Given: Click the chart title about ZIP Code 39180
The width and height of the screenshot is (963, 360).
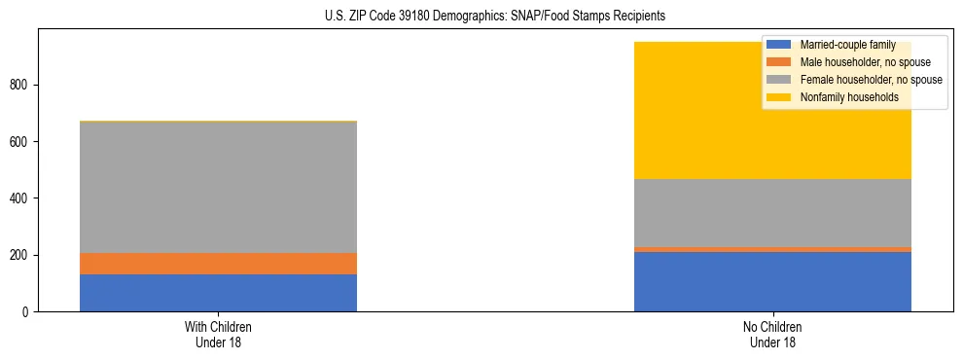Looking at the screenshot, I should pyautogui.click(x=495, y=17).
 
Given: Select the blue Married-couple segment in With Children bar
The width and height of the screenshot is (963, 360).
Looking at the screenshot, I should pyautogui.click(x=218, y=293).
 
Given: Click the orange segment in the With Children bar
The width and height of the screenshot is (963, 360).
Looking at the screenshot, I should pyautogui.click(x=218, y=264).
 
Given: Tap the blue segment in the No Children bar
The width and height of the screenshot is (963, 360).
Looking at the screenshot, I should pyautogui.click(x=772, y=281).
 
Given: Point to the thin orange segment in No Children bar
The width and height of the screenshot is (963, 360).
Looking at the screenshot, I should pyautogui.click(x=772, y=249).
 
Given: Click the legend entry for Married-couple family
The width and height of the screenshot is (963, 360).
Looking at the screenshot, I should pyautogui.click(x=847, y=45).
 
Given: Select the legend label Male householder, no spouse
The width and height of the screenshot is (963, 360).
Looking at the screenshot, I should pyautogui.click(x=865, y=62).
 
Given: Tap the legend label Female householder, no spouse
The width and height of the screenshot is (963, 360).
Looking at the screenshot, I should pyautogui.click(x=871, y=80).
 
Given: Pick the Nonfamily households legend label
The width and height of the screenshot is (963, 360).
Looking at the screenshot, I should pyautogui.click(x=848, y=97).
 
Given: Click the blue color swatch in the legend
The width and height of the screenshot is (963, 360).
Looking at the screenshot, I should pyautogui.click(x=778, y=45).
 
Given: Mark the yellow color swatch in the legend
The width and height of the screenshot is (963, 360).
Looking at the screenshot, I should pyautogui.click(x=778, y=97).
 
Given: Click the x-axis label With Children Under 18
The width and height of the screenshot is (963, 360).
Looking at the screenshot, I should pyautogui.click(x=218, y=334).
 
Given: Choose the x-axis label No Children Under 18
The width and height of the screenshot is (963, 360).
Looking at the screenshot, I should pyautogui.click(x=772, y=334).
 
